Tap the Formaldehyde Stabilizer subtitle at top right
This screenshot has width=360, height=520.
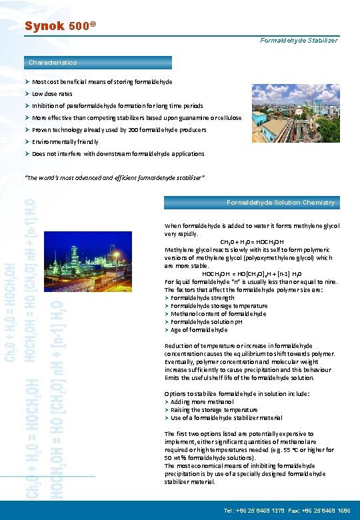click(299, 41)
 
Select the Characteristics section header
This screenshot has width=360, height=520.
click(53, 63)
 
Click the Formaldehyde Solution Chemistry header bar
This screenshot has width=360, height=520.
click(281, 202)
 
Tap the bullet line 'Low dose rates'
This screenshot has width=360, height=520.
click(52, 94)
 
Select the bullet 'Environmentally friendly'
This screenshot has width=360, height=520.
click(65, 142)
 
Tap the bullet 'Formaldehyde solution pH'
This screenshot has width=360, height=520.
click(206, 321)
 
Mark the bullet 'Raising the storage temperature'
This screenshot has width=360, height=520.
click(214, 410)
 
